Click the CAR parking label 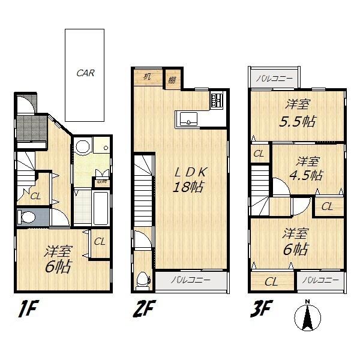pos(85,74)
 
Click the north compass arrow pos(307,315)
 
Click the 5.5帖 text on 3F pos(298,119)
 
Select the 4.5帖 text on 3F pos(308,175)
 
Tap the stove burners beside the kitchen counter pos(217,100)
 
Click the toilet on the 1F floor pos(26,216)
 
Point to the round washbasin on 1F pos(82,148)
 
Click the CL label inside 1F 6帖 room pos(99,242)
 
